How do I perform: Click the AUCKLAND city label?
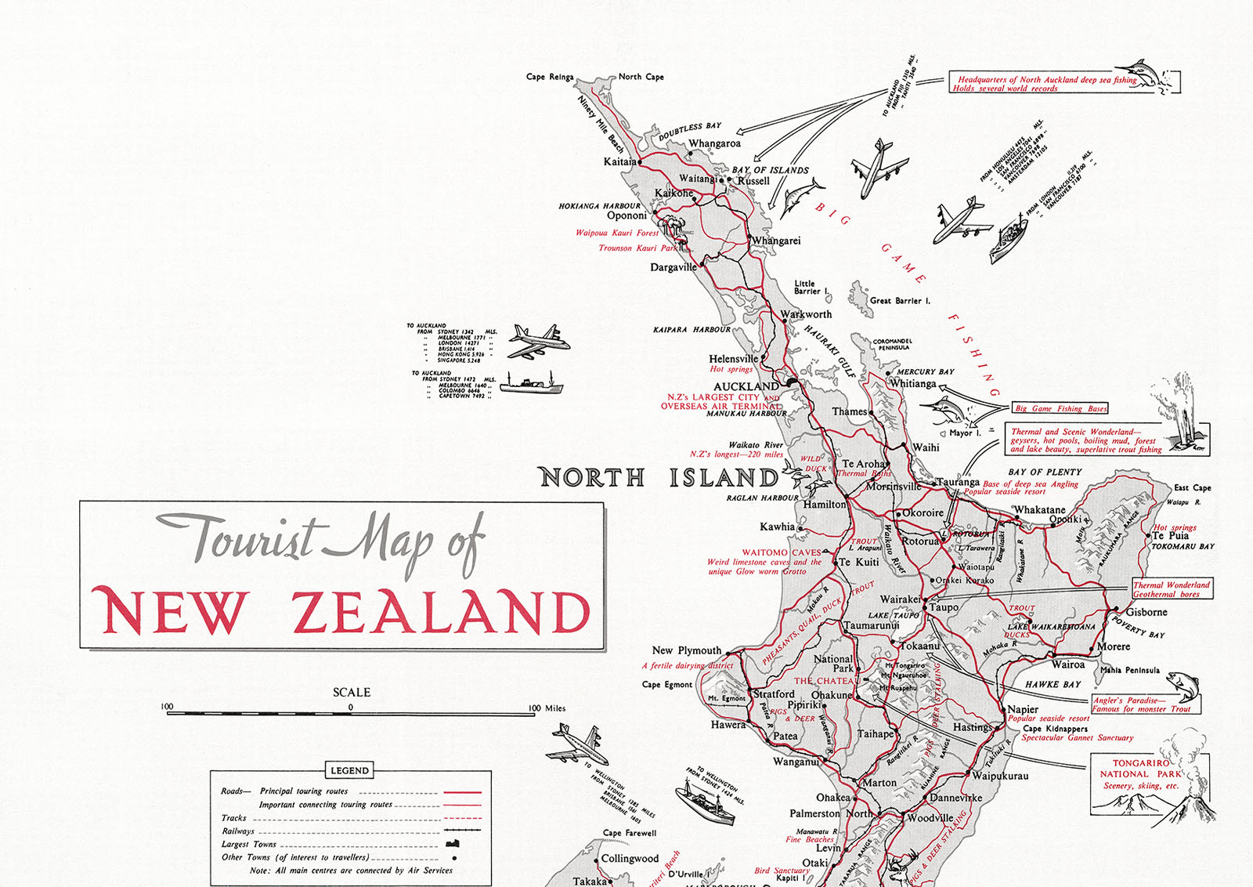(x=746, y=386)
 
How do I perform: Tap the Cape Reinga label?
(x=549, y=77)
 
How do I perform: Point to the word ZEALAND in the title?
(x=441, y=612)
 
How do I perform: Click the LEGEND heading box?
(x=349, y=770)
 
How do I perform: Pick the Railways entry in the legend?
(x=238, y=831)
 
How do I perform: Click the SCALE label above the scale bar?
(x=352, y=692)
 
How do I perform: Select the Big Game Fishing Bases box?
(x=1060, y=408)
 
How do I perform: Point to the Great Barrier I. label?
(x=900, y=301)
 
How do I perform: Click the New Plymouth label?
(x=686, y=650)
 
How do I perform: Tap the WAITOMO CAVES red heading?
(x=781, y=552)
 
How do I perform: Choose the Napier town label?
(x=1023, y=709)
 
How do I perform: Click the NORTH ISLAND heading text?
(x=658, y=477)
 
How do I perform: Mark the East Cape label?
(x=1192, y=487)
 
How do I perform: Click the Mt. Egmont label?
(x=727, y=698)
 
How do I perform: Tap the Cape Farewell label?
(x=630, y=833)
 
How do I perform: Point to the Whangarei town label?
(x=776, y=241)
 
